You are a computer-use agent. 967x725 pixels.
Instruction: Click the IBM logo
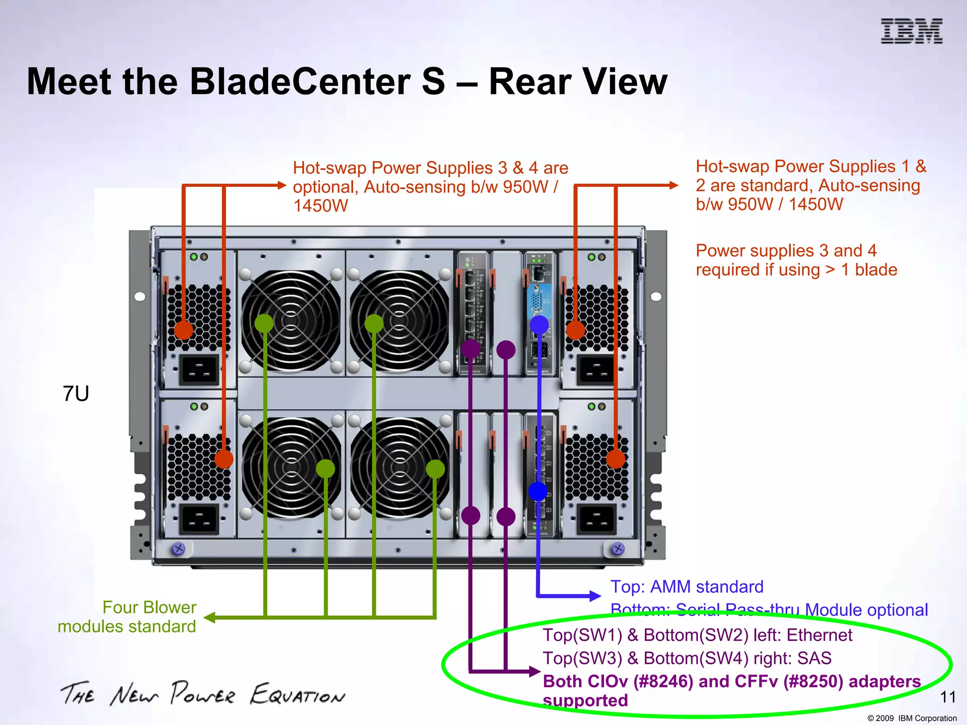point(911,31)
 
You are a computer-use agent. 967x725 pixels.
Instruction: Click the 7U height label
point(76,394)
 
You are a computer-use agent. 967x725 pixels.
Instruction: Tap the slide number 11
point(948,697)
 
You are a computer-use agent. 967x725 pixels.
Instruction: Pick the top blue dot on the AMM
point(539,325)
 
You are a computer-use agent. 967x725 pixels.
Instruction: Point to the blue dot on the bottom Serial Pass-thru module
point(538,491)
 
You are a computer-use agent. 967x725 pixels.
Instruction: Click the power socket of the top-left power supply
point(199,369)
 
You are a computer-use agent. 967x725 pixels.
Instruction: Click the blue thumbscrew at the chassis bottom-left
point(178,548)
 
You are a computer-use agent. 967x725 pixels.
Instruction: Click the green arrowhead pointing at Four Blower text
point(209,617)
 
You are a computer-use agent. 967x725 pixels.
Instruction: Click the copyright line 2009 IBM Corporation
point(912,718)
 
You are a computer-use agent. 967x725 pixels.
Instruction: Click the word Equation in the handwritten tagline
point(297,695)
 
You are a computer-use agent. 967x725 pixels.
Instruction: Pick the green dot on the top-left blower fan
point(264,323)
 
